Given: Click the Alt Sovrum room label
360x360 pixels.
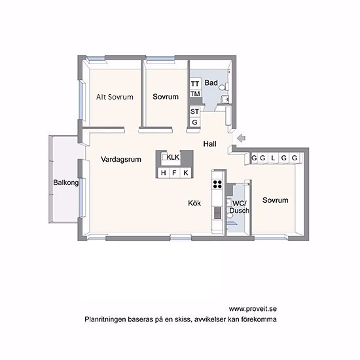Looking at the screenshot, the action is (115, 97).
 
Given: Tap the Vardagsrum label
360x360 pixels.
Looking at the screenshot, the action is (121, 159).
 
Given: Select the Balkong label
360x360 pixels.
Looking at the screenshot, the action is (66, 183).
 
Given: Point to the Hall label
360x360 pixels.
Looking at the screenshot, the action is (210, 144).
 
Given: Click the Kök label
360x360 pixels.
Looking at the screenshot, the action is (194, 203).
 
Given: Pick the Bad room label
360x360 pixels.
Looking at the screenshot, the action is (211, 82).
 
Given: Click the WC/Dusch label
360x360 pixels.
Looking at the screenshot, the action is (240, 207).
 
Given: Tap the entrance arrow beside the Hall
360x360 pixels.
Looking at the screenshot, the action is (242, 138).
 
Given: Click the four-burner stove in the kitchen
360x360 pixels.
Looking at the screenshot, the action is (218, 184).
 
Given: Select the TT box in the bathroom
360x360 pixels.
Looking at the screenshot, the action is (195, 84).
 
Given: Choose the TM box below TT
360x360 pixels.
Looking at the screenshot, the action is (195, 94).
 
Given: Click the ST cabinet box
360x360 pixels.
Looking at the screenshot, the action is (194, 111).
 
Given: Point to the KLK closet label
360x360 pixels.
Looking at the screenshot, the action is (173, 157).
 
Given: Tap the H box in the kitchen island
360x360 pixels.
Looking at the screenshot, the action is (164, 173).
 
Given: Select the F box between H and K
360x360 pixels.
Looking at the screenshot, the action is (174, 173).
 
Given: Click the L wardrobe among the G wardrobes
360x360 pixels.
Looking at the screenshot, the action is (273, 158).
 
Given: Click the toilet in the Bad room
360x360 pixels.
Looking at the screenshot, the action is (223, 87).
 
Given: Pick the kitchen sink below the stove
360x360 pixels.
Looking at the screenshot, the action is (218, 213).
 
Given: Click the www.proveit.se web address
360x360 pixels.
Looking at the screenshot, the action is (253, 309).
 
